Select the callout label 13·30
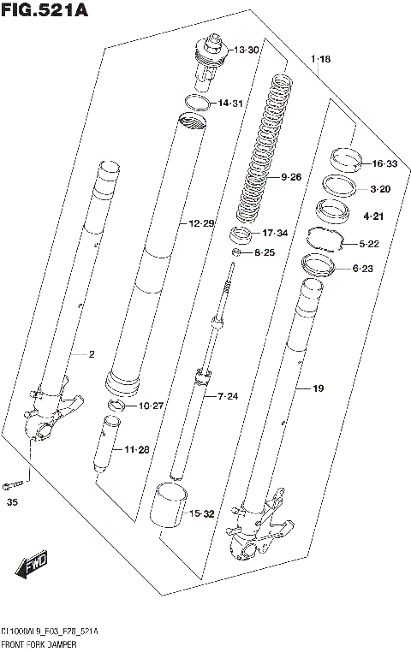(247, 50)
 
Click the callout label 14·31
(230, 104)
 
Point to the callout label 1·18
(320, 59)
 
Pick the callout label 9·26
(291, 177)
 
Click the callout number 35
(12, 501)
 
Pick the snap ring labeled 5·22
(325, 241)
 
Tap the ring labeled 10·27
(116, 405)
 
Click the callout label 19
(318, 388)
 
